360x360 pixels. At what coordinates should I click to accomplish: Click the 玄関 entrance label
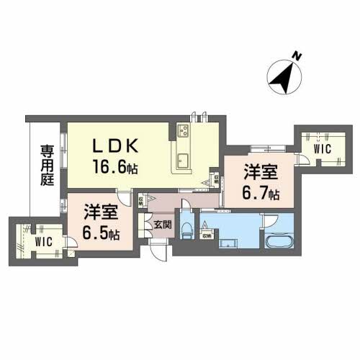[x=162, y=225]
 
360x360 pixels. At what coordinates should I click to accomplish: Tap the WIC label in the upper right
[x=321, y=148]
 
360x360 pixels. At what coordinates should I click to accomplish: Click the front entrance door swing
[x=159, y=252]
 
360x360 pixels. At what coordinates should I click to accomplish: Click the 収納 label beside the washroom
[x=207, y=235]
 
